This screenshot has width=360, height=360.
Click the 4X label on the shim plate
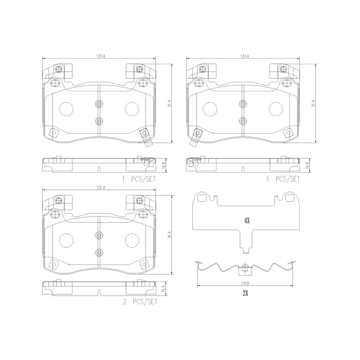tap(246, 220)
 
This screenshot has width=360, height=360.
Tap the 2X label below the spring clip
tap(246, 292)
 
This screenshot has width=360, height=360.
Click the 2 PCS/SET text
tap(140, 302)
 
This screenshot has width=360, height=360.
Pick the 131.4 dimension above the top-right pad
tap(244, 56)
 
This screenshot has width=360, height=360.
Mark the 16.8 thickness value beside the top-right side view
tap(307, 166)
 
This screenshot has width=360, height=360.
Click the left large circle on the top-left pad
tap(67, 108)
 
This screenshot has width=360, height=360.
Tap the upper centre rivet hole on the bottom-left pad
tap(99, 234)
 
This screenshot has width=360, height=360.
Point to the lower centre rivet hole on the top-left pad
tap(99, 121)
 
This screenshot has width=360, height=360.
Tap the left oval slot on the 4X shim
tap(202, 197)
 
